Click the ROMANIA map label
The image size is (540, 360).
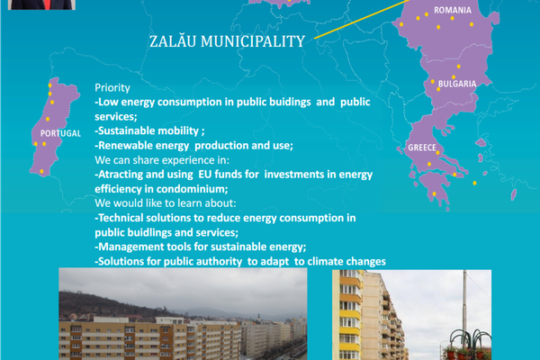tap(452, 10)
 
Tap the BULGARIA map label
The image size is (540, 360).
tap(456, 83)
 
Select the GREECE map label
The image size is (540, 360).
tap(422, 147)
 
